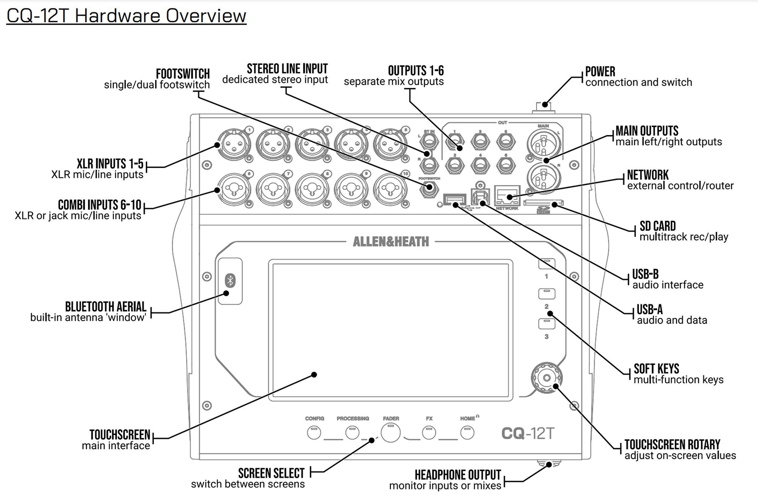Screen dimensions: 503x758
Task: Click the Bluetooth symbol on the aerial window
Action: pos(230,281)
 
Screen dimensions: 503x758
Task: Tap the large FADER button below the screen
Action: pos(390,433)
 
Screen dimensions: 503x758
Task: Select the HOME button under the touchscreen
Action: pos(467,433)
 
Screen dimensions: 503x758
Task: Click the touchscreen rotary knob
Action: pos(546,378)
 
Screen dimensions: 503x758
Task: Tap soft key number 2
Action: pos(547,294)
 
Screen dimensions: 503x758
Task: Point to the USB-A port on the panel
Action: pos(454,199)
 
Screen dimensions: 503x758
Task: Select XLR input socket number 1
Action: pos(234,144)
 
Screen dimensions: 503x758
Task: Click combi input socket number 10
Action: pos(390,188)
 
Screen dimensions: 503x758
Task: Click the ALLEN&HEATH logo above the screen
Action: pos(391,242)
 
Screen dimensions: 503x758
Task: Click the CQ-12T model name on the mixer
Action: pos(528,433)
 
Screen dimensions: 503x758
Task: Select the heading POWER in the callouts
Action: pos(600,72)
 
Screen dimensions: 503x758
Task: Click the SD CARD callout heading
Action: pos(657,226)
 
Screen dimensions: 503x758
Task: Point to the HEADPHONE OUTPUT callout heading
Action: pos(457,475)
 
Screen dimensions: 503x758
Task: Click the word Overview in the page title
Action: pos(206,16)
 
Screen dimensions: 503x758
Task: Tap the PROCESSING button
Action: pos(352,433)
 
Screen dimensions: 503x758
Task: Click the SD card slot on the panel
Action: pos(543,203)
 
